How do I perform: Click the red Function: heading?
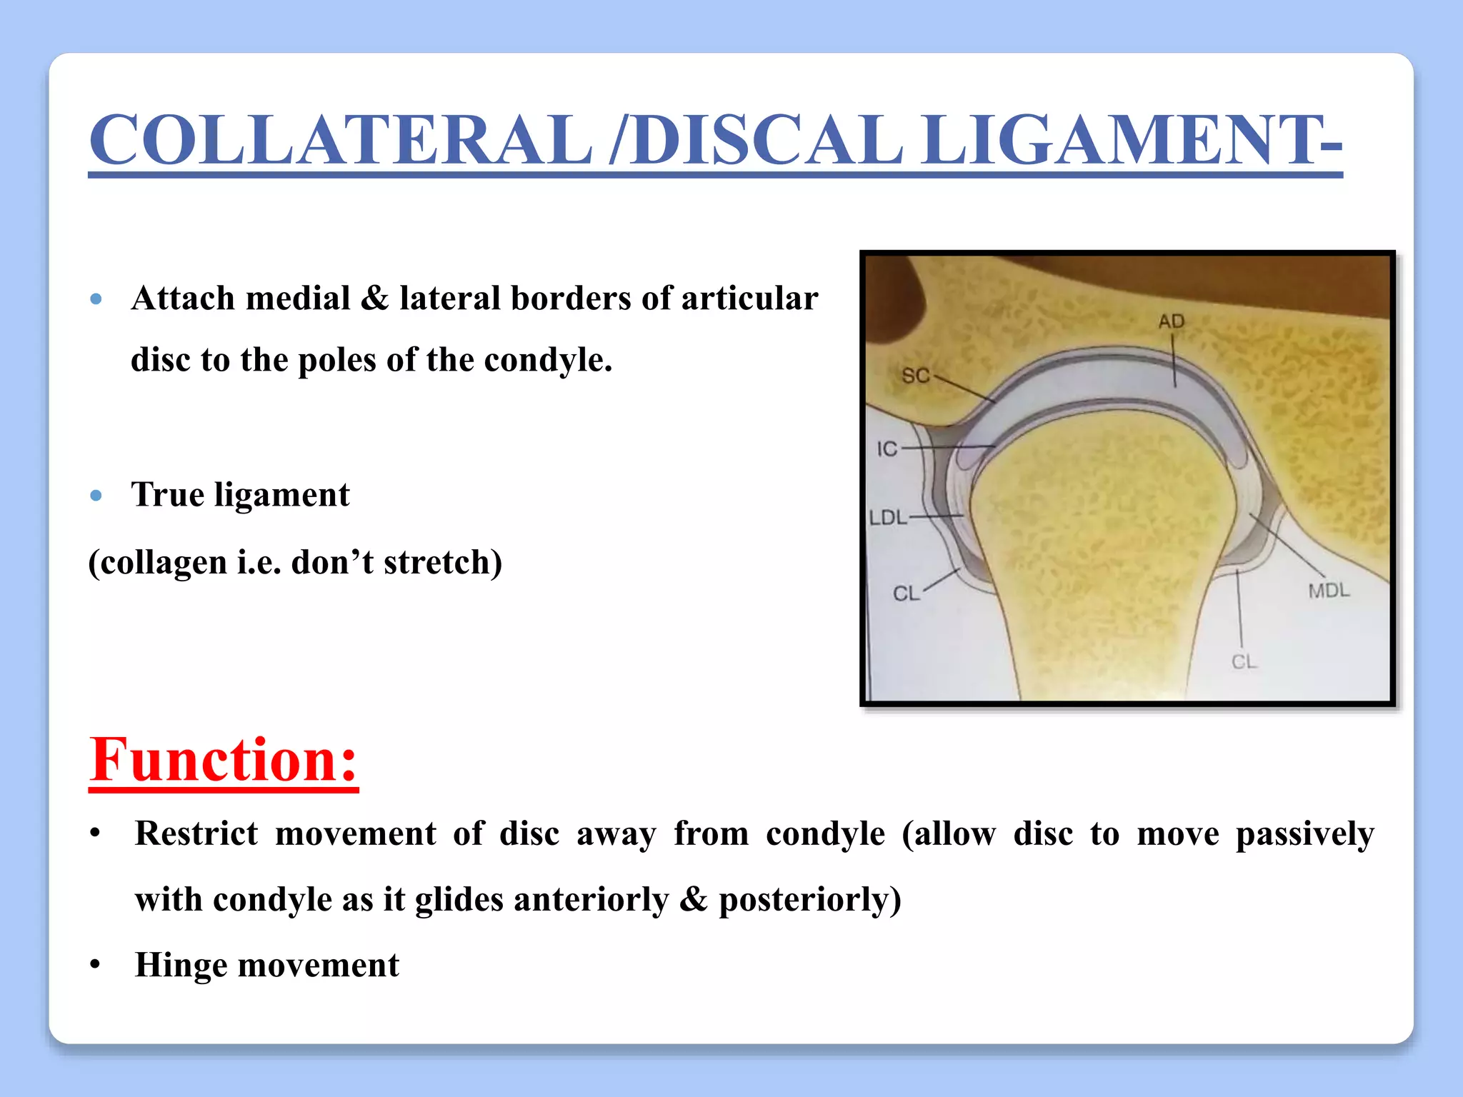click(224, 760)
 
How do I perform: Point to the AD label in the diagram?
click(1172, 322)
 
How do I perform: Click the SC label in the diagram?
click(915, 376)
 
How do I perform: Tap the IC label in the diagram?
click(887, 449)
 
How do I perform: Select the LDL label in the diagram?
click(888, 517)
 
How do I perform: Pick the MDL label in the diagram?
click(1329, 591)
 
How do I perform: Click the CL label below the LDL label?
click(906, 593)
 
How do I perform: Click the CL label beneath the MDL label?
click(1244, 662)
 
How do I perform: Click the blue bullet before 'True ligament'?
click(96, 496)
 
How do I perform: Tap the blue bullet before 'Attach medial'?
click(96, 299)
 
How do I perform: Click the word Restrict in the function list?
click(196, 833)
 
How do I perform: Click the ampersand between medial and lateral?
click(374, 299)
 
